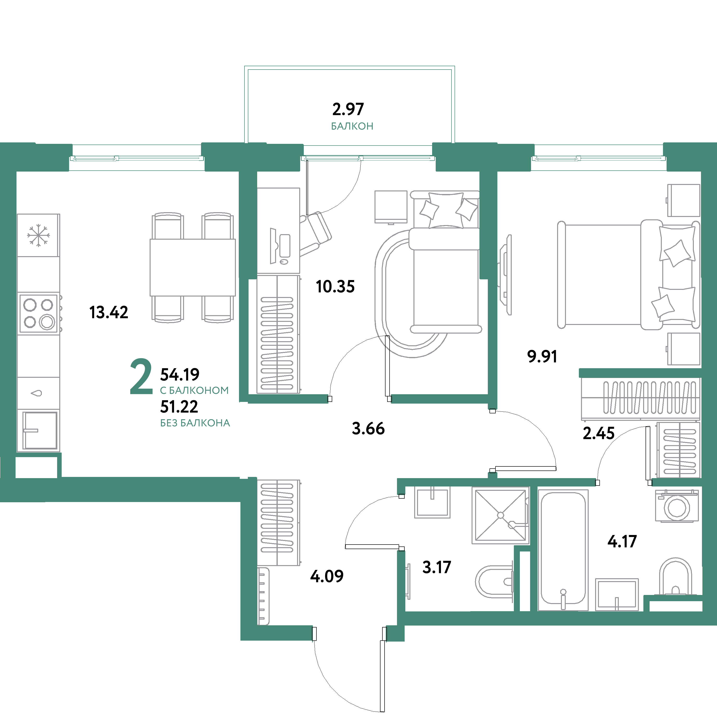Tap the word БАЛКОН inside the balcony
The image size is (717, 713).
[352, 126]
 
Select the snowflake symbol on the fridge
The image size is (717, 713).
[38, 235]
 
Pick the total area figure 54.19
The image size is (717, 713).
[180, 375]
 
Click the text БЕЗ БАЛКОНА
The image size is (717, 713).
[195, 423]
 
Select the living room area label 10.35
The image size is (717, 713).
[335, 287]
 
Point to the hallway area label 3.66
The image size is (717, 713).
[368, 428]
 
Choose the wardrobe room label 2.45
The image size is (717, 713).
[598, 433]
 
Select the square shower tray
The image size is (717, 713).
[500, 515]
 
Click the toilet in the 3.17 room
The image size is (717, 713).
[494, 581]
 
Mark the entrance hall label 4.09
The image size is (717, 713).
[326, 576]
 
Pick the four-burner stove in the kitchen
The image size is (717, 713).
[38, 313]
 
